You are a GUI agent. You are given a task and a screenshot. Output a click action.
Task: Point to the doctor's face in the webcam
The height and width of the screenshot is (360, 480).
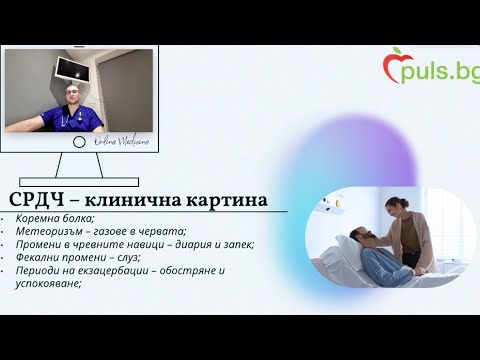(x=71, y=97)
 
